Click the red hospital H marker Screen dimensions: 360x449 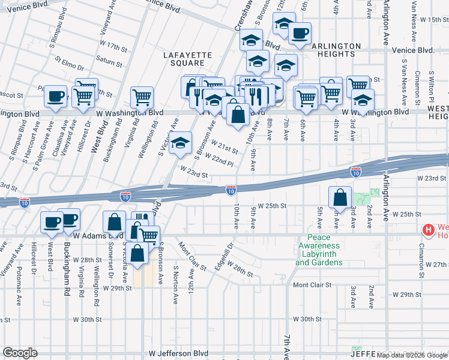[428, 230]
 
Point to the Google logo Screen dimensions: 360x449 [20, 353]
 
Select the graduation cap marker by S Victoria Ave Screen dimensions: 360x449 [179, 143]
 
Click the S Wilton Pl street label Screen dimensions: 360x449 [431, 84]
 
